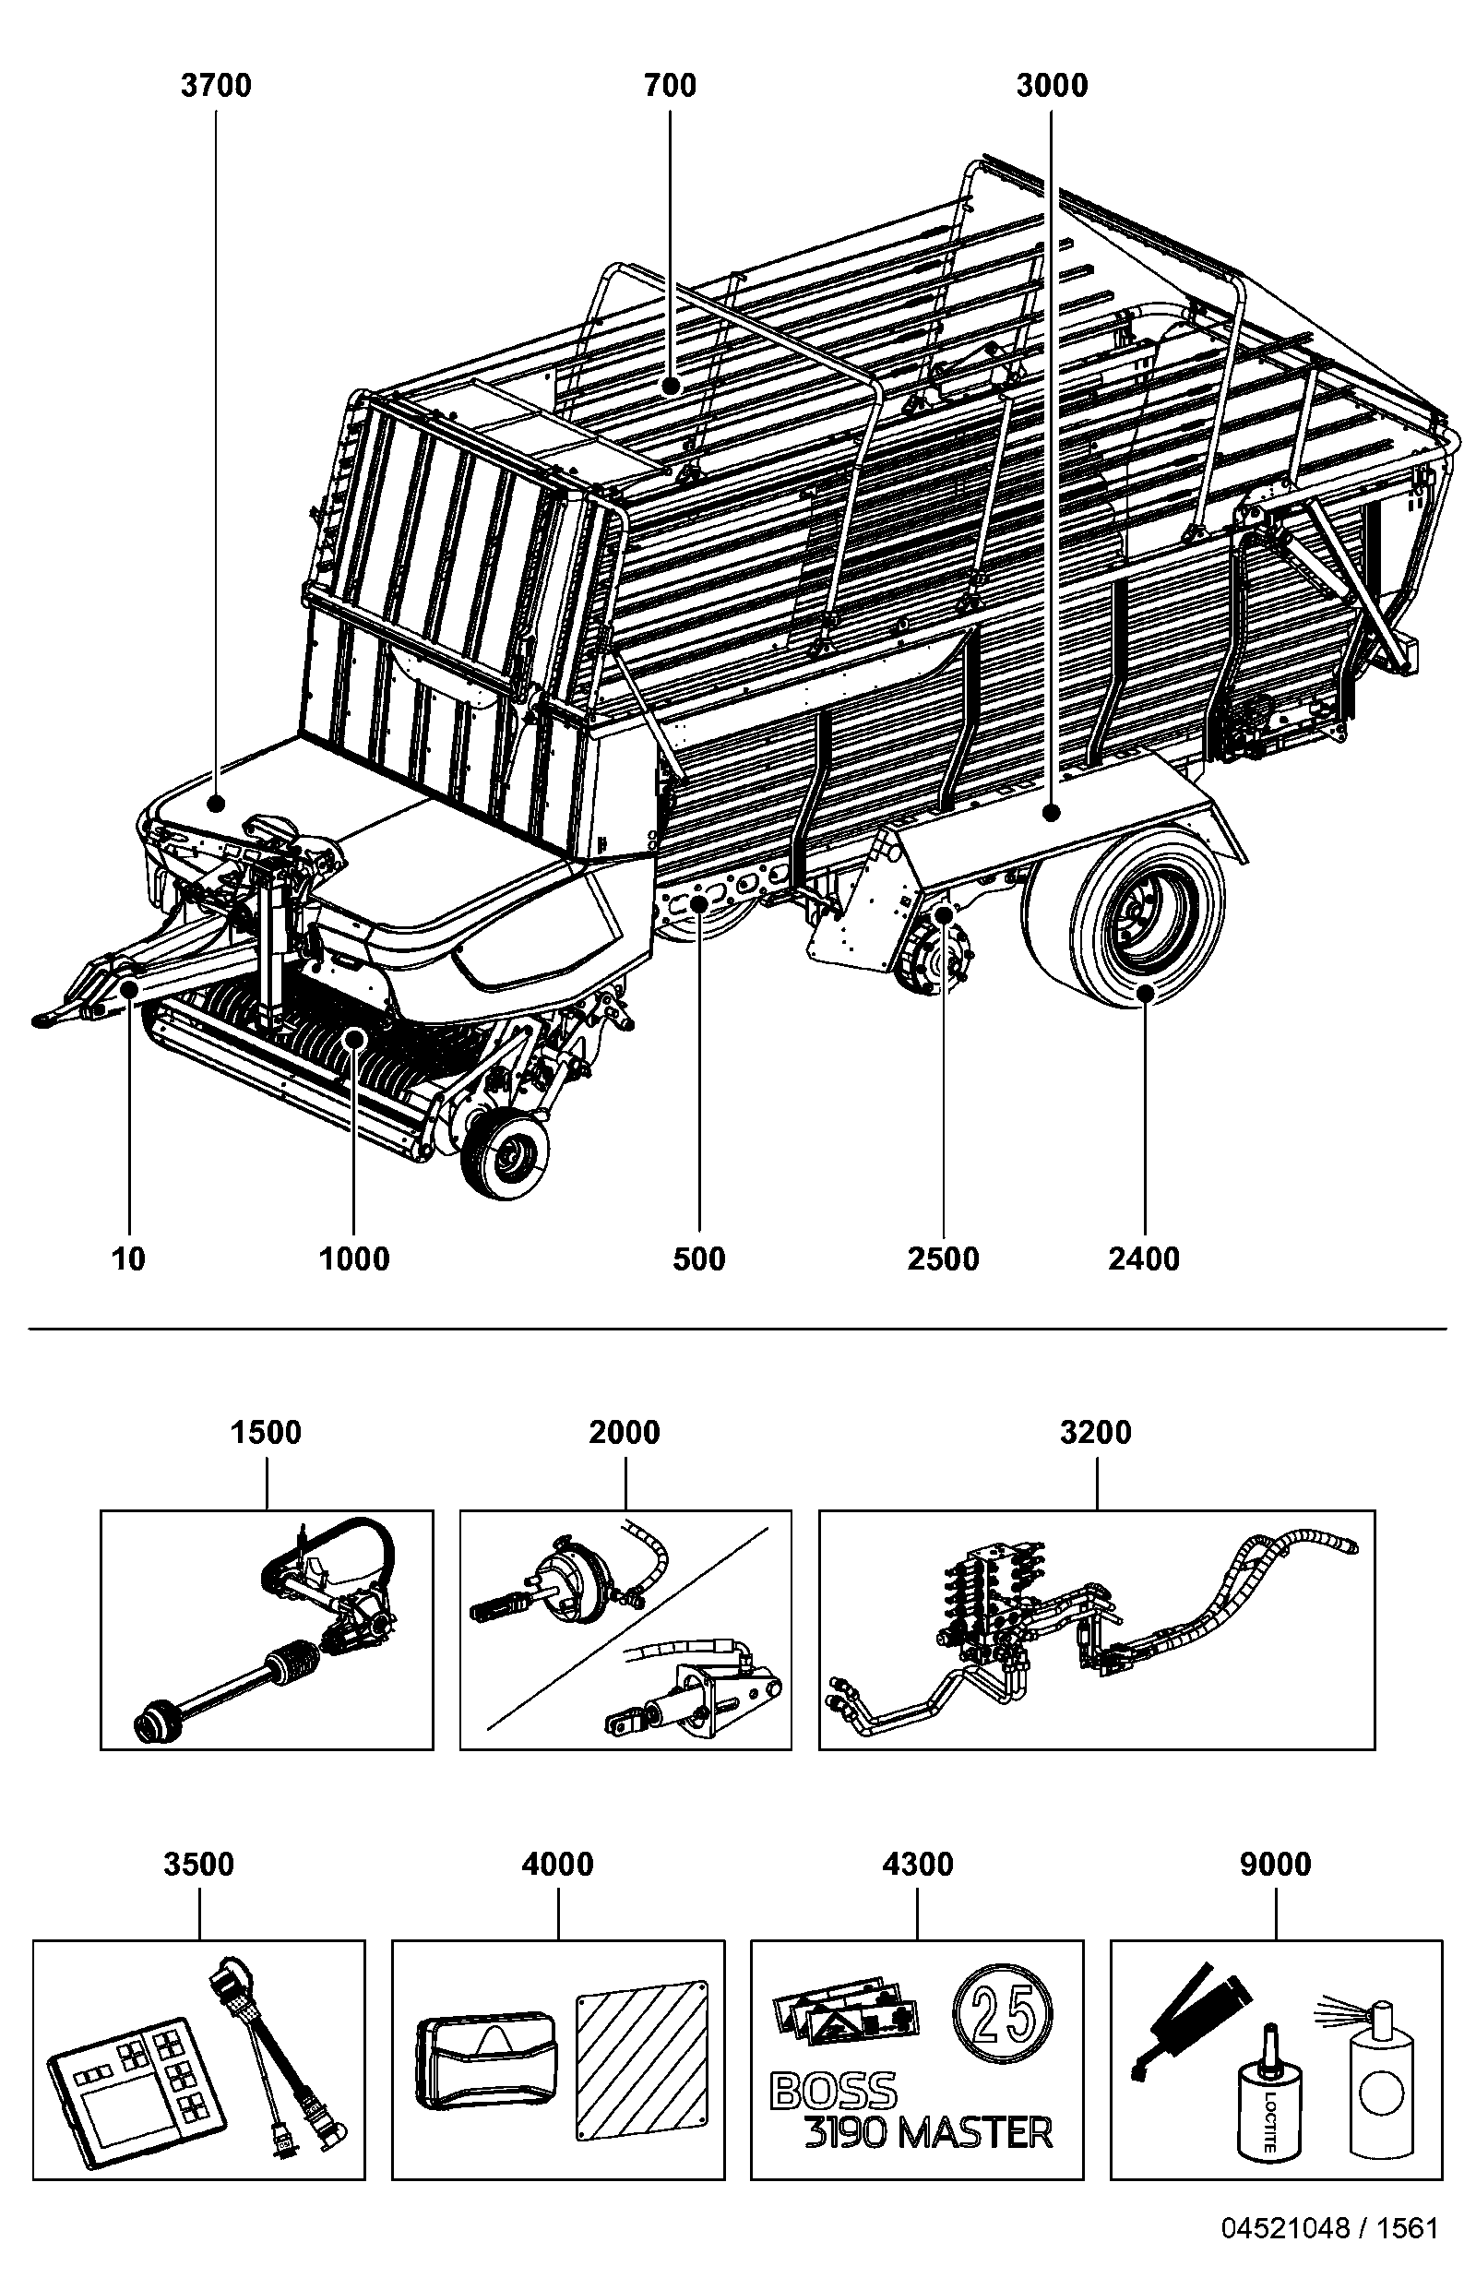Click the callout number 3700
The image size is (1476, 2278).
[217, 86]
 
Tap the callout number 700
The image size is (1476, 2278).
[670, 86]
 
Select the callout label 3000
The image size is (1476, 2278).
[1052, 86]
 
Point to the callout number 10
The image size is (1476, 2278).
[128, 1258]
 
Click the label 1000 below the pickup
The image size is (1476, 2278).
[354, 1258]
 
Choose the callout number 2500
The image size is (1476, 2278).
[944, 1258]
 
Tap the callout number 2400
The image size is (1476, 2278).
[1144, 1258]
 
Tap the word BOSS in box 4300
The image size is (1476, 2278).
[834, 2093]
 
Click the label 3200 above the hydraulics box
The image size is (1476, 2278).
[1096, 1433]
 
